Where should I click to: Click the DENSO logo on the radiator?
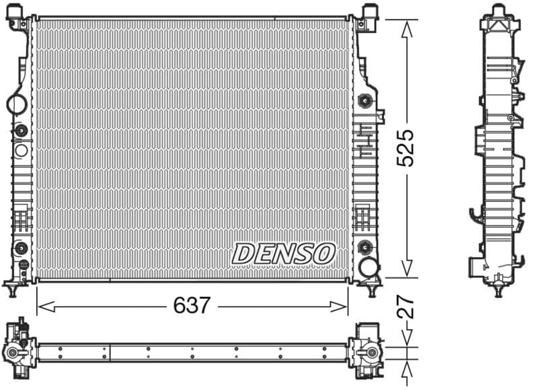pyautogui.click(x=283, y=254)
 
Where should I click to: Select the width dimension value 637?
pyautogui.click(x=192, y=306)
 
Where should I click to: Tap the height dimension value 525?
pyautogui.click(x=405, y=148)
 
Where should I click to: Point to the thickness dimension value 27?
pyautogui.click(x=406, y=308)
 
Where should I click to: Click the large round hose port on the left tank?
pyautogui.click(x=16, y=104)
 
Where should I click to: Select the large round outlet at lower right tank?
pyautogui.click(x=369, y=267)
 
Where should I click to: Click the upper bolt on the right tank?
pyautogui.click(x=366, y=101)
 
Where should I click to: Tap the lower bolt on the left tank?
pyautogui.click(x=20, y=247)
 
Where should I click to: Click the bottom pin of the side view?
pyautogui.click(x=498, y=290)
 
